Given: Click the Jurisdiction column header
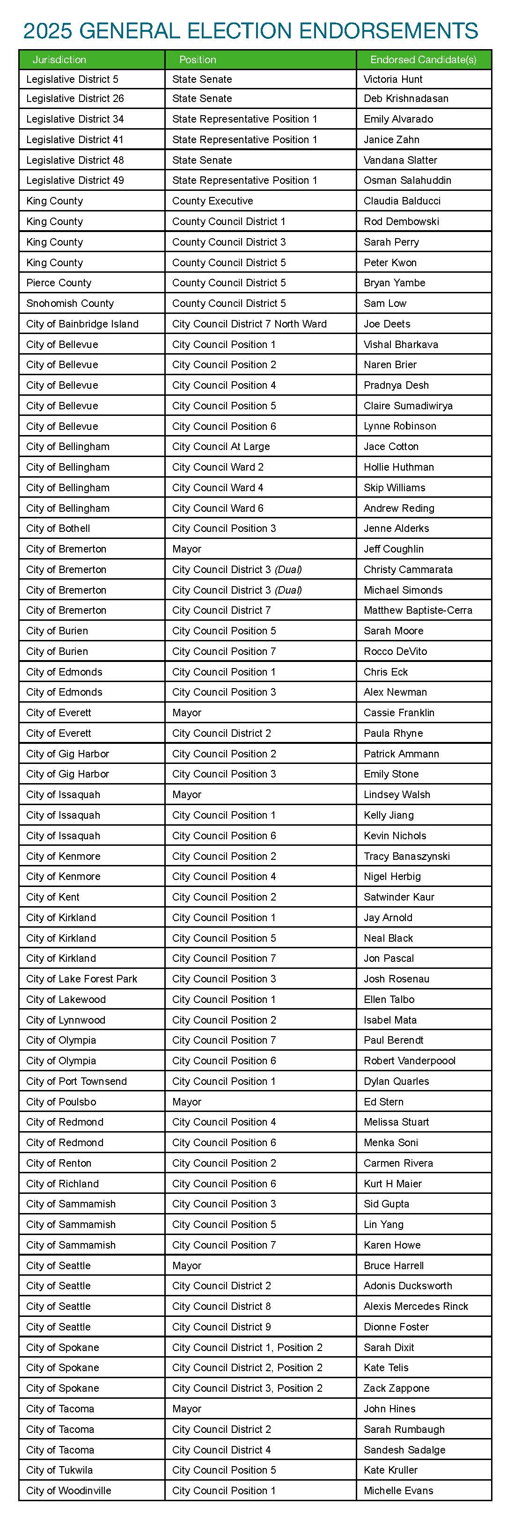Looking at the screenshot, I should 59,60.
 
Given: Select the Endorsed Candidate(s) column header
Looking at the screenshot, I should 423,60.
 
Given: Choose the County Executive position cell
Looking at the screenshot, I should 212,201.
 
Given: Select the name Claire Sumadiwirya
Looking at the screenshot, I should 408,406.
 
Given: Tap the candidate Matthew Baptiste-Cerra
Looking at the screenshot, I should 418,610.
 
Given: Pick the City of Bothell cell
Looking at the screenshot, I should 58,529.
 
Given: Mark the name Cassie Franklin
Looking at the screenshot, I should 398,712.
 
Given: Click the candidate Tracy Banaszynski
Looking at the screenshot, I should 407,856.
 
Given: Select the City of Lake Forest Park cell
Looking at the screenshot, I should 81,979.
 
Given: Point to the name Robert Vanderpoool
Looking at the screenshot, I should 409,1061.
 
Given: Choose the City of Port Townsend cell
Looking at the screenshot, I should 76,1081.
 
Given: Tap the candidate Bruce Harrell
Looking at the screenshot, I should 393,1265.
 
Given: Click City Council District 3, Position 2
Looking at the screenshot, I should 247,1388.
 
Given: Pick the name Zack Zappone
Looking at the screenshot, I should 396,1388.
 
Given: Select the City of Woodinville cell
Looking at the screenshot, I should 68,1490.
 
